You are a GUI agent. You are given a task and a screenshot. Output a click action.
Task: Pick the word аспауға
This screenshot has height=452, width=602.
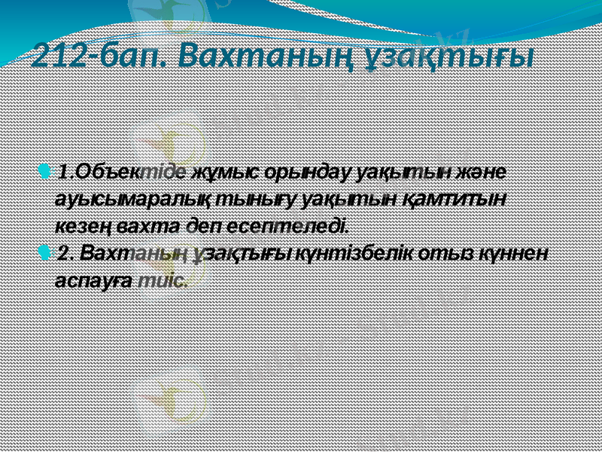92,279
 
